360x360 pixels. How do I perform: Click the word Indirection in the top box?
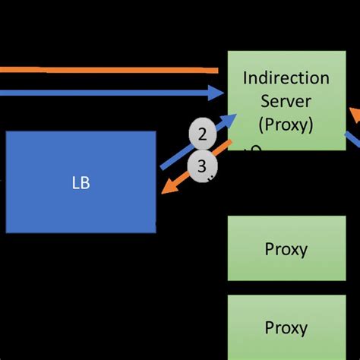point(286,77)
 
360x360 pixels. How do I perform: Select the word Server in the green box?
point(286,100)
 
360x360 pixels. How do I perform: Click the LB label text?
point(81,183)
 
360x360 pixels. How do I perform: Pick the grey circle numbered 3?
point(202,165)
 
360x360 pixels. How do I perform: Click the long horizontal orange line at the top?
point(106,70)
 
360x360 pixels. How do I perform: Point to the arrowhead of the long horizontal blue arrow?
point(217,93)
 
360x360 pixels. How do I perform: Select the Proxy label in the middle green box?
point(286,248)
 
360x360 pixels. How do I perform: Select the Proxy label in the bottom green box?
point(286,328)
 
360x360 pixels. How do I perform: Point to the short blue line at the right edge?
point(353,141)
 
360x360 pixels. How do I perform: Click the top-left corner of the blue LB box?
point(7,132)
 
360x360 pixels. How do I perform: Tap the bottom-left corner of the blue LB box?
point(7,232)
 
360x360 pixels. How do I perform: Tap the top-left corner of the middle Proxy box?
point(229,216)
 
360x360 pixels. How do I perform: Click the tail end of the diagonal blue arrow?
point(162,167)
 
